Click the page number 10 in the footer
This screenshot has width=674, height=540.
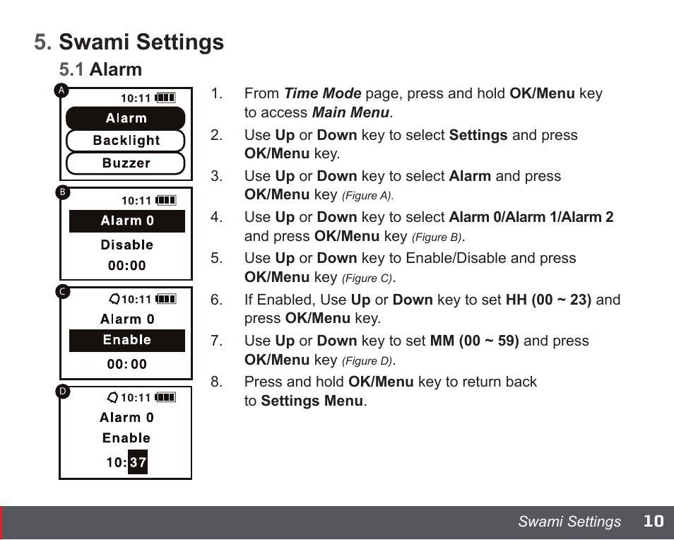pyautogui.click(x=654, y=522)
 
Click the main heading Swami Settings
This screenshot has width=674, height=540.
pyautogui.click(x=141, y=42)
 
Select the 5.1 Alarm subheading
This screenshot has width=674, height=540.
pyautogui.click(x=101, y=69)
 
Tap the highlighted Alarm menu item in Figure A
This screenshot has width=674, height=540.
pyautogui.click(x=126, y=119)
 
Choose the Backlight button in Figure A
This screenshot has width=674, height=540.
pyautogui.click(x=126, y=141)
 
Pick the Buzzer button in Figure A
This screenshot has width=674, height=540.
pyautogui.click(x=126, y=163)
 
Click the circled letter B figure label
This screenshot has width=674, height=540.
pyautogui.click(x=63, y=192)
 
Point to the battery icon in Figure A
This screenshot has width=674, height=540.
pyautogui.click(x=165, y=98)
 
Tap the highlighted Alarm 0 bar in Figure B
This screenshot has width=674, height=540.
pyautogui.click(x=127, y=221)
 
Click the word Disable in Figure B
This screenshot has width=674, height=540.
pyautogui.click(x=127, y=245)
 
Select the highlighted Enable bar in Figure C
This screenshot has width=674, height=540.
pyautogui.click(x=127, y=341)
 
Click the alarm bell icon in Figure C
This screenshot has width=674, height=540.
pyautogui.click(x=114, y=299)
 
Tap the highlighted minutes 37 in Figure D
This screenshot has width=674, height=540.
pyautogui.click(x=138, y=463)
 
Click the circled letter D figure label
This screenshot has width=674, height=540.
pyautogui.click(x=63, y=391)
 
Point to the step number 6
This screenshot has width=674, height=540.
pyautogui.click(x=216, y=300)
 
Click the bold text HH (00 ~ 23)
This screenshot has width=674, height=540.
pyautogui.click(x=548, y=300)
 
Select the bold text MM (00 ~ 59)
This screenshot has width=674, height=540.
pyautogui.click(x=474, y=341)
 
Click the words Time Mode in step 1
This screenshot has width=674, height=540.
pyautogui.click(x=322, y=93)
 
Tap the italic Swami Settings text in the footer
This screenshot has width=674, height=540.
pyautogui.click(x=569, y=522)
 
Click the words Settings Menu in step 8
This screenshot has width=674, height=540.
pyautogui.click(x=312, y=401)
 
